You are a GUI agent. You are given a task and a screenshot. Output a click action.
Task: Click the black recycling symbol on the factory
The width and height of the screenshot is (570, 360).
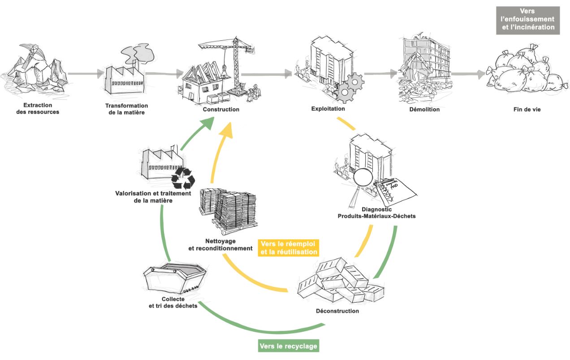183,178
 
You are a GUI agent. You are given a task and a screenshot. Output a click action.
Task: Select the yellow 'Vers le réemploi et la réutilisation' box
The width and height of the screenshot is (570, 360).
289,248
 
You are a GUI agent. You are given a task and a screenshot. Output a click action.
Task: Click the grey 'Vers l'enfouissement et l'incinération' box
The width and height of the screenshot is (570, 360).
527,20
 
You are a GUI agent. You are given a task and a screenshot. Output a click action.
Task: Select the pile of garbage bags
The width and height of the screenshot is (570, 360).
523,72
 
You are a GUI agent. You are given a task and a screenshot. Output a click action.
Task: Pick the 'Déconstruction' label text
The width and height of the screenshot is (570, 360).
337,311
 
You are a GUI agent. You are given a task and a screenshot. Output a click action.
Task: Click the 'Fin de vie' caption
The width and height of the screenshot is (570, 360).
527,109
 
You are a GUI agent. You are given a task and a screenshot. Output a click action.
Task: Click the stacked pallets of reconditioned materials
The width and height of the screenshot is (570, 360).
229,209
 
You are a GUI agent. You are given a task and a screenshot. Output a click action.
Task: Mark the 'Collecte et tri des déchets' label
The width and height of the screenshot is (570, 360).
173,303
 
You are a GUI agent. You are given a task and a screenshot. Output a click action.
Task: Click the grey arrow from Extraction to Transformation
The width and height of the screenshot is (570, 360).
86,74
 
